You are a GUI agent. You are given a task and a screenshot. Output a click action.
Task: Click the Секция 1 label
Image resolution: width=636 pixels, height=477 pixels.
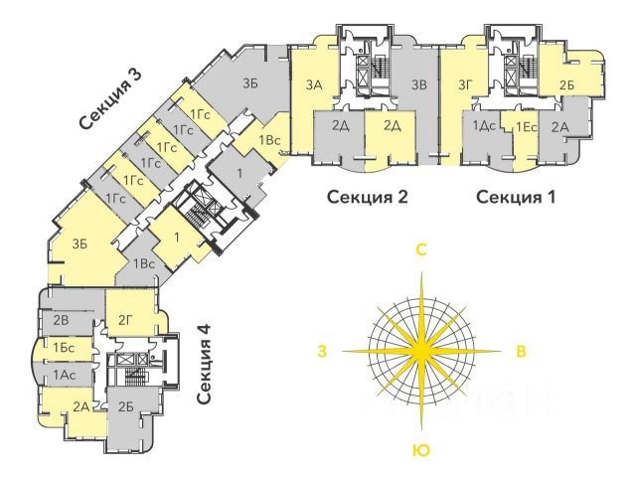515,197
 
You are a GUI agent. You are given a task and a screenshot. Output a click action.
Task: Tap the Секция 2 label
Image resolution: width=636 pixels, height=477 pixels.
368,197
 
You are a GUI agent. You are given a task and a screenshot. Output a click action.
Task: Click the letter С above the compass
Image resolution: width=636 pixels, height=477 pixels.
421,251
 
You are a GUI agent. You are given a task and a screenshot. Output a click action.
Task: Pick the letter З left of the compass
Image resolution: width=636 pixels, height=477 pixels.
322,351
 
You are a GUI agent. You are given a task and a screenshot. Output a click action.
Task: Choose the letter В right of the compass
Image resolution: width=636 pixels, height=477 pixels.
520,351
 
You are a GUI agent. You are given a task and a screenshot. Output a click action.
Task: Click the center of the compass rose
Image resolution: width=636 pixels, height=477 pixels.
421,351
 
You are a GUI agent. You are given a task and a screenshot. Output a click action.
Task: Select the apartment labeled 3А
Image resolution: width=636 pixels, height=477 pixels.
316,86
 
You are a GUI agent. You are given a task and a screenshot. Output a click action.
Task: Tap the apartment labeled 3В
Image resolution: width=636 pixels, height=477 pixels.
418,86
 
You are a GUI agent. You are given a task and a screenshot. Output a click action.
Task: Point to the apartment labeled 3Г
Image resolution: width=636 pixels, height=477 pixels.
463,86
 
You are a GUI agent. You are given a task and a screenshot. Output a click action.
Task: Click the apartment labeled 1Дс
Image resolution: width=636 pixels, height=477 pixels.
485,126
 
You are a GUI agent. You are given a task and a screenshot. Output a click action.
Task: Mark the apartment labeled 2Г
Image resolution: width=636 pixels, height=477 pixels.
126,319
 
